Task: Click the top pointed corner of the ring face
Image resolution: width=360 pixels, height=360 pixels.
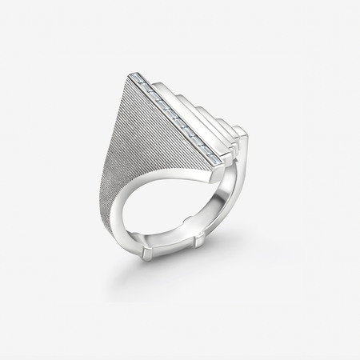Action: click(130, 74)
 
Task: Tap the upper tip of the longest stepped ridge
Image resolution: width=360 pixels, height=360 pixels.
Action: click(155, 78)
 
